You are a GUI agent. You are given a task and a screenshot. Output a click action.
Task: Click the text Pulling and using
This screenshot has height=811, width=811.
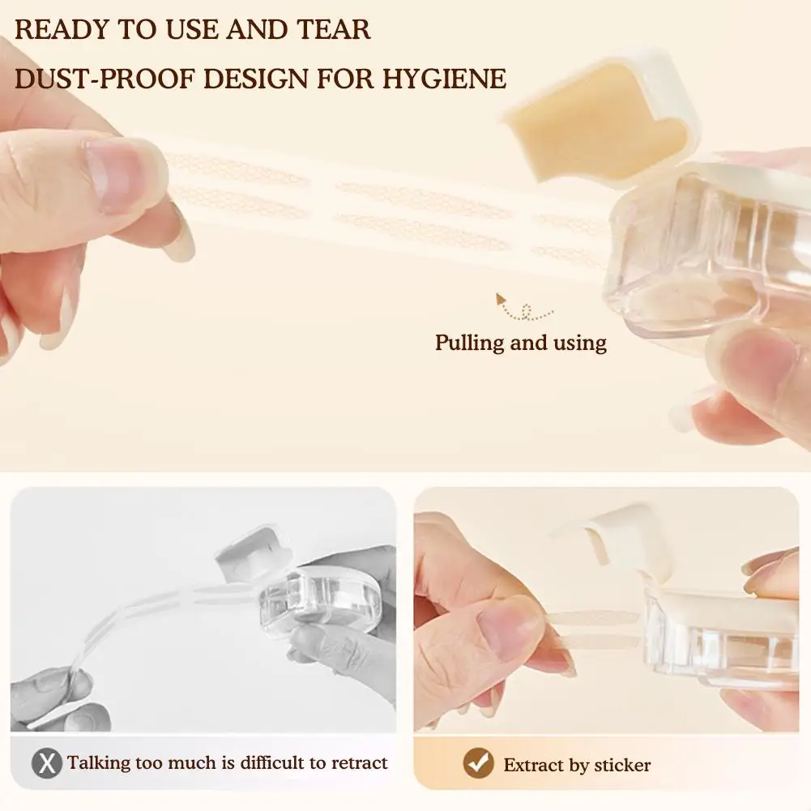click(x=520, y=343)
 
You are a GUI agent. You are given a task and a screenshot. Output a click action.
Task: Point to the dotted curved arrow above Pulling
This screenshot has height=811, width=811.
click(x=523, y=309)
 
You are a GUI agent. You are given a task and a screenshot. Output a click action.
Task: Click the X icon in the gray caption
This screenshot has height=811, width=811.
click(x=48, y=763)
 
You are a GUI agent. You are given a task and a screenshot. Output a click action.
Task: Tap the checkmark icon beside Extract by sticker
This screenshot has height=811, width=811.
click(x=478, y=763)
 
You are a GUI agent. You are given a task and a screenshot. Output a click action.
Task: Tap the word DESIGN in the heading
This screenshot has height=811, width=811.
click(x=256, y=79)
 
